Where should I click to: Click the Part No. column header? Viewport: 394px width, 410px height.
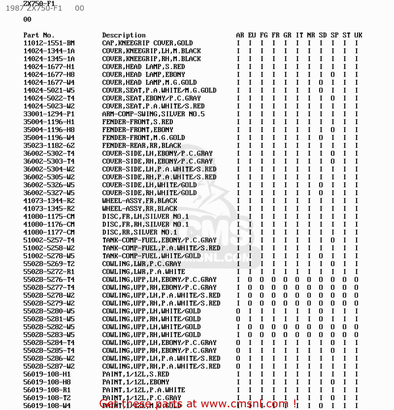pyautogui.click(x=39, y=35)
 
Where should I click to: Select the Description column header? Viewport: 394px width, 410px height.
pyautogui.click(x=124, y=35)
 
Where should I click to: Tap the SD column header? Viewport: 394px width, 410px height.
pyautogui.click(x=323, y=35)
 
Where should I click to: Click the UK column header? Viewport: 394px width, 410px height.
pyautogui.click(x=358, y=35)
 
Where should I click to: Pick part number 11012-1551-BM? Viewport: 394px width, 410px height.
pyautogui.click(x=49, y=43)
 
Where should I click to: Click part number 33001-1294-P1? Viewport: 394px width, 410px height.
pyautogui.click(x=49, y=114)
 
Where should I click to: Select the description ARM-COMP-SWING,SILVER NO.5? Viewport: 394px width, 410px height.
pyautogui.click(x=153, y=114)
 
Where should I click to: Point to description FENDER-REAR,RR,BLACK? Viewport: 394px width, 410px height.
pyautogui.click(x=142, y=146)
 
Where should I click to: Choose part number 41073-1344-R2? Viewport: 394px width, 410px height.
pyautogui.click(x=49, y=201)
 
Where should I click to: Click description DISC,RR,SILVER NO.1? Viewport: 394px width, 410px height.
pyautogui.click(x=139, y=232)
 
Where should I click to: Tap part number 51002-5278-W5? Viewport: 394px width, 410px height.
pyautogui.click(x=49, y=256)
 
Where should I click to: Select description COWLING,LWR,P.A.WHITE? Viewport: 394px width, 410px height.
pyautogui.click(x=143, y=272)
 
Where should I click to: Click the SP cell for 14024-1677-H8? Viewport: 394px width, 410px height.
pyautogui.click(x=333, y=75)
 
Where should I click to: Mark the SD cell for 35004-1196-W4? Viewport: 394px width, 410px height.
pyautogui.click(x=321, y=138)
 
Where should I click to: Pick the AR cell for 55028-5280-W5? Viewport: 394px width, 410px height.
pyautogui.click(x=238, y=311)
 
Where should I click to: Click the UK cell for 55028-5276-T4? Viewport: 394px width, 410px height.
pyautogui.click(x=356, y=280)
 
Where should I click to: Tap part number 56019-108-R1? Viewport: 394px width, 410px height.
pyautogui.click(x=47, y=390)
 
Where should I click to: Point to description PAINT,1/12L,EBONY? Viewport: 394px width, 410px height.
pyautogui.click(x=136, y=382)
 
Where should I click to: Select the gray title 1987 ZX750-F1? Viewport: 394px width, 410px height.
pyautogui.click(x=34, y=8)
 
